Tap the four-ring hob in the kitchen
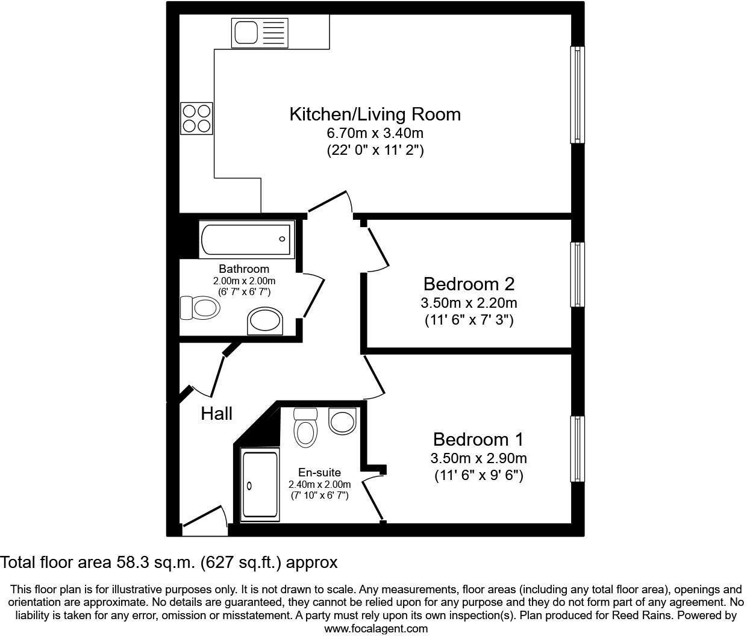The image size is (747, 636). click(197, 118)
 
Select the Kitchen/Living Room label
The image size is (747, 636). click(375, 114)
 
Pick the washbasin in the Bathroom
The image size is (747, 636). click(265, 321)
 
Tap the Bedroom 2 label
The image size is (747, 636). click(469, 284)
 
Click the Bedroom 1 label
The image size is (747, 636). click(478, 439)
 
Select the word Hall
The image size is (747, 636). click(216, 414)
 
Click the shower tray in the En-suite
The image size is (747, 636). click(260, 485)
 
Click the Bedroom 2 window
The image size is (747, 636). click(577, 275)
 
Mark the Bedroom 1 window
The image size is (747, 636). click(577, 449)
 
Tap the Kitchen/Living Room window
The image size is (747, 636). click(577, 95)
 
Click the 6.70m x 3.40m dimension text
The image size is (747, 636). click(375, 133)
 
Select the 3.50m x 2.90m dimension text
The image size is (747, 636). click(478, 458)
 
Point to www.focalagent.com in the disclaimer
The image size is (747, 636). click(376, 629)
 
